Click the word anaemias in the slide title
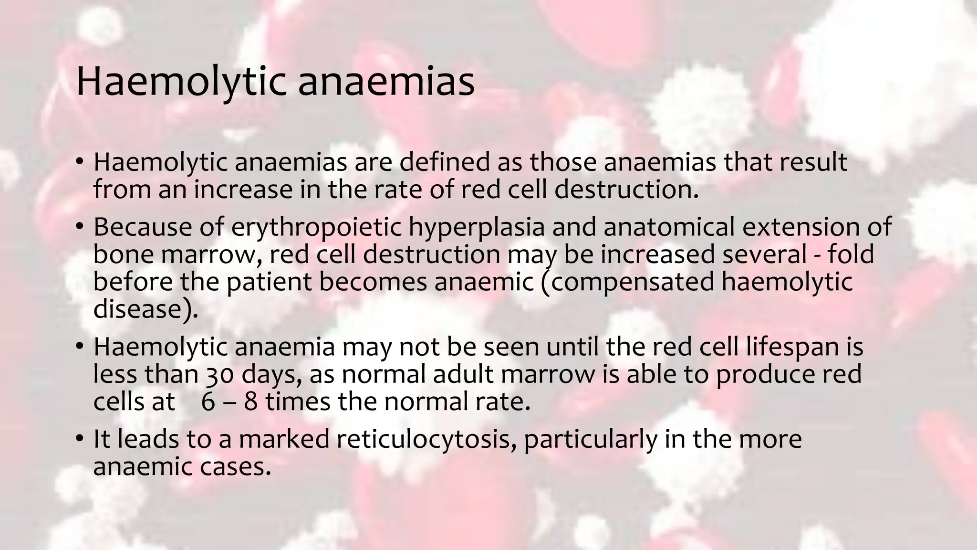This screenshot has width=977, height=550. coord(386,82)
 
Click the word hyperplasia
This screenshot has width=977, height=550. coord(477,227)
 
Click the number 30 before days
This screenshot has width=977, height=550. coord(220,374)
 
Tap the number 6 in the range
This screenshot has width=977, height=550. coord(208,402)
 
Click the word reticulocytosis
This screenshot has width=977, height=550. coord(423,439)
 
